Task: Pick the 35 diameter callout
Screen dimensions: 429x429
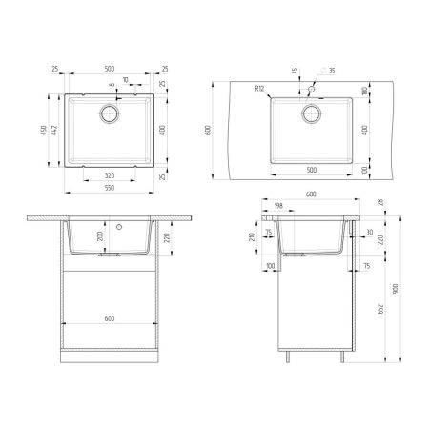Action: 332,71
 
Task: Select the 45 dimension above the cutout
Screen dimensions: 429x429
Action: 296,70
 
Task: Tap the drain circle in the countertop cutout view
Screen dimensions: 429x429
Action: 310,113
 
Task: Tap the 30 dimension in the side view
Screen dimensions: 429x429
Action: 370,232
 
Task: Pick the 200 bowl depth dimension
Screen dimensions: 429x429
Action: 99,236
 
